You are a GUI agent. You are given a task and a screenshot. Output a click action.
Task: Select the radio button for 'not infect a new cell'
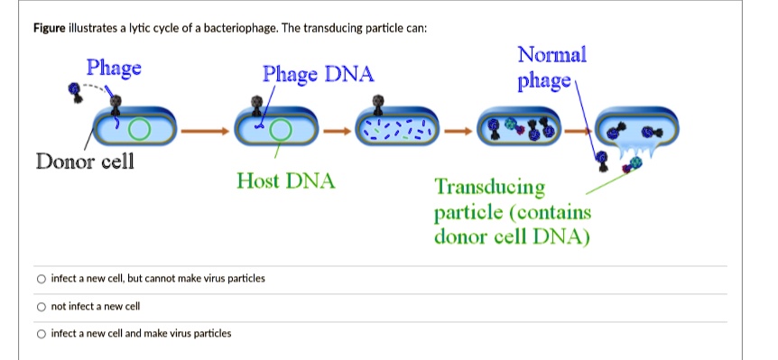tap(41, 306)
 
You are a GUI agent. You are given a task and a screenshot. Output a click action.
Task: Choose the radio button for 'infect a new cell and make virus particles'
tap(41, 333)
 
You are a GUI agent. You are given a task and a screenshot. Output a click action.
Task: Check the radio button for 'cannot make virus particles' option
tap(41, 278)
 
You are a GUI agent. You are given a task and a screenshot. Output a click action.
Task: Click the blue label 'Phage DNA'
tap(318, 74)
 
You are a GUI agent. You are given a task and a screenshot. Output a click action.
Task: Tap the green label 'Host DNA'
tap(285, 181)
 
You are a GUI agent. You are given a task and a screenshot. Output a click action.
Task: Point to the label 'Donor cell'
tap(84, 162)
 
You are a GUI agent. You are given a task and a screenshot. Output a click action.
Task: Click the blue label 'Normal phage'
tap(551, 69)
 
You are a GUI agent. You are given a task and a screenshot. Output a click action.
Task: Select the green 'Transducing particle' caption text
tap(512, 212)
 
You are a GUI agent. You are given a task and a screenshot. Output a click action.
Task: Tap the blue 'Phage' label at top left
tap(114, 68)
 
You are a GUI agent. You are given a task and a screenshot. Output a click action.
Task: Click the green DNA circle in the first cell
tap(138, 130)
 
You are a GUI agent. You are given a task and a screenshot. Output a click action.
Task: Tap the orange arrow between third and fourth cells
tap(458, 131)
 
